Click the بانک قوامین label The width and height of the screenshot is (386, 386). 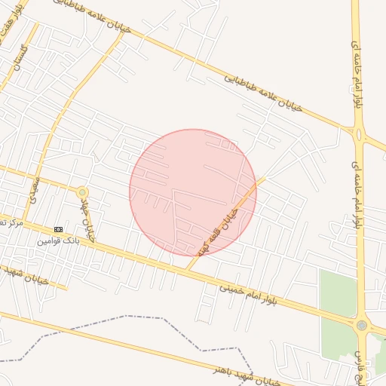[57, 241]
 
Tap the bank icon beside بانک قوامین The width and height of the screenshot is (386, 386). [59, 229]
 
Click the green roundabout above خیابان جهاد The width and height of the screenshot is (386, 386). [82, 192]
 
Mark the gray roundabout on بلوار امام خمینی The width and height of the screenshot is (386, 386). [362, 326]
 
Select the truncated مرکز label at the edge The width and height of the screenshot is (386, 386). [9, 223]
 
